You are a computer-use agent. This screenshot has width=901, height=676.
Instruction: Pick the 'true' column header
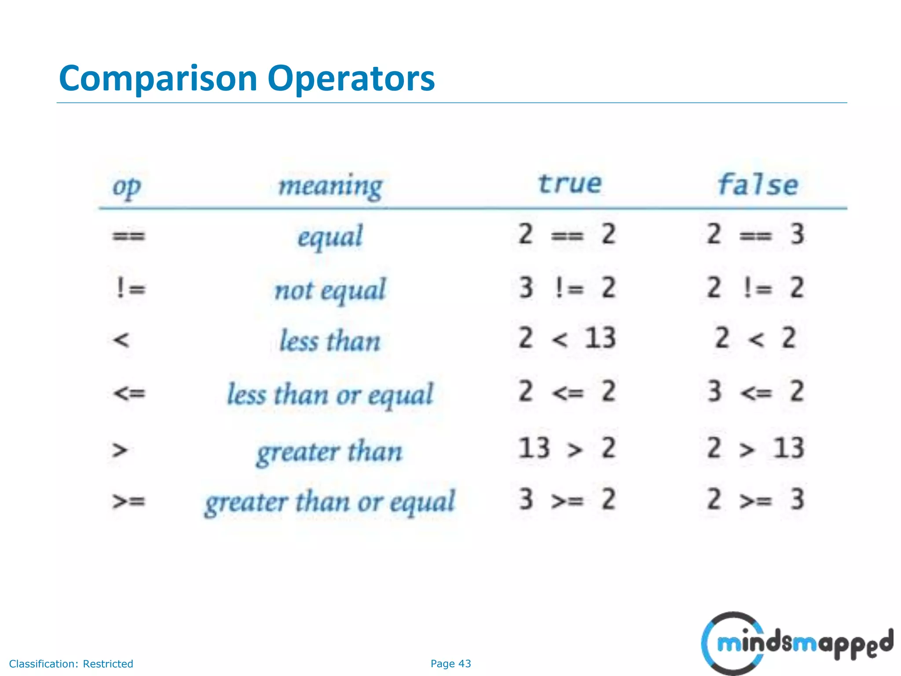[x=570, y=184]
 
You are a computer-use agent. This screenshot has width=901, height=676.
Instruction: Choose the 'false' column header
[x=758, y=184]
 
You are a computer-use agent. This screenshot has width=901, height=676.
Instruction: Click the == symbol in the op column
[x=128, y=236]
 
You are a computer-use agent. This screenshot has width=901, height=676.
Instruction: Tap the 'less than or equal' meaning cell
[x=330, y=394]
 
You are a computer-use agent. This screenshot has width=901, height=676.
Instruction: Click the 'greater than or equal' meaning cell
[x=330, y=502]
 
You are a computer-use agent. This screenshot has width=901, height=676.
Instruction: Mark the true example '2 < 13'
[x=567, y=338]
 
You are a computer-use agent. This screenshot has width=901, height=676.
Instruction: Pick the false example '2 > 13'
[x=755, y=448]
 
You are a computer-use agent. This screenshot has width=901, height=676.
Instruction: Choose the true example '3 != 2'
[x=567, y=288]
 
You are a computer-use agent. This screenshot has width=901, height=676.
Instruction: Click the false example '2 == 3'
[x=755, y=234]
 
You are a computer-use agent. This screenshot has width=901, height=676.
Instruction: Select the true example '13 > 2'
[x=567, y=448]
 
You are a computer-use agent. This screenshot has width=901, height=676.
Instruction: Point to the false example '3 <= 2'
[x=755, y=391]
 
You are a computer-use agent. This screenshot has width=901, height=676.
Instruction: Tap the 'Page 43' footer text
[x=450, y=664]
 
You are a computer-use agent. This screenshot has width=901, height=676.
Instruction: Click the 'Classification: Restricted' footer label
[x=71, y=664]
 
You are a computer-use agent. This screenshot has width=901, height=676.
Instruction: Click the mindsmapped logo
[x=796, y=643]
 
